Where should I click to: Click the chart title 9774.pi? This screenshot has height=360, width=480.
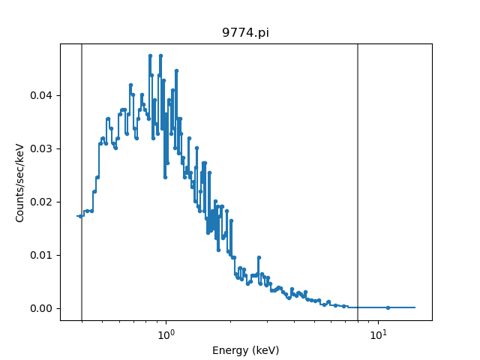pyautogui.click(x=245, y=33)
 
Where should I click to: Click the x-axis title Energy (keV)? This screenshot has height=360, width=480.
pyautogui.click(x=245, y=350)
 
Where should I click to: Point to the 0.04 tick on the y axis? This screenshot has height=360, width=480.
pyautogui.click(x=43, y=95)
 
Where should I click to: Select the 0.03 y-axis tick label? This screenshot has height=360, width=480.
pyautogui.click(x=43, y=148)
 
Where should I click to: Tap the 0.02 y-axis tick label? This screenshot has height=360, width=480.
pyautogui.click(x=43, y=202)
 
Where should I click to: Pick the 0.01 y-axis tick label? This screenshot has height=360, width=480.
pyautogui.click(x=43, y=255)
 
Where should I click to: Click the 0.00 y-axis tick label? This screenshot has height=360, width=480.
pyautogui.click(x=43, y=308)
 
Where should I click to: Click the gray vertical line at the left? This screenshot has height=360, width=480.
pyautogui.click(x=82, y=180)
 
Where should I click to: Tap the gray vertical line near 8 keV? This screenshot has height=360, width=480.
pyautogui.click(x=358, y=180)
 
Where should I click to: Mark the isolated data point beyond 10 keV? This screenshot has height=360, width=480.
pyautogui.click(x=388, y=307)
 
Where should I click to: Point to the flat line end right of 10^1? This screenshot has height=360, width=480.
pyautogui.click(x=414, y=307)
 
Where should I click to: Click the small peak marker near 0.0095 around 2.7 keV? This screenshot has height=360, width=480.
pyautogui.click(x=259, y=257)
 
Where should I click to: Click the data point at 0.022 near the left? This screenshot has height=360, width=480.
pyautogui.click(x=94, y=191)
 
